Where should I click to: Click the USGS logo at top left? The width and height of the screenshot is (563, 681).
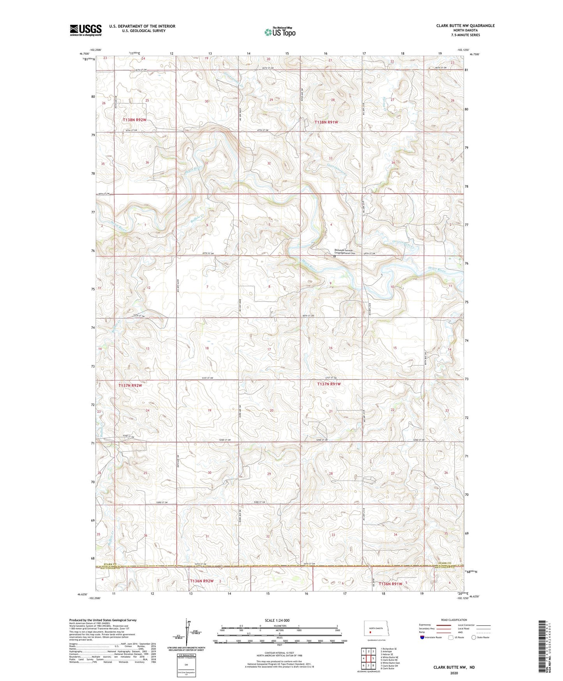pos(86,30)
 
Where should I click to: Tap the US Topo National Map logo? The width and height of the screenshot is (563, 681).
pos(279,32)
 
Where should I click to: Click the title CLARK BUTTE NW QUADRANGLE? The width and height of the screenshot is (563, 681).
pos(465,26)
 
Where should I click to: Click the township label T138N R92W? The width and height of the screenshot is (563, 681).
pos(134,120)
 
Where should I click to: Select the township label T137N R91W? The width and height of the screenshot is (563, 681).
pos(329,384)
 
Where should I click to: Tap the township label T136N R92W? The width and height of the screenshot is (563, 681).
pos(202,581)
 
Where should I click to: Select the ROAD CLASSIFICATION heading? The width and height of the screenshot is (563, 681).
pos(454,620)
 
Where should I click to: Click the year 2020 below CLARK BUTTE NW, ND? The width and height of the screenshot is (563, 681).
pos(454,673)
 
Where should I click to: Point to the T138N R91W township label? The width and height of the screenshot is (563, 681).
pos(326,122)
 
